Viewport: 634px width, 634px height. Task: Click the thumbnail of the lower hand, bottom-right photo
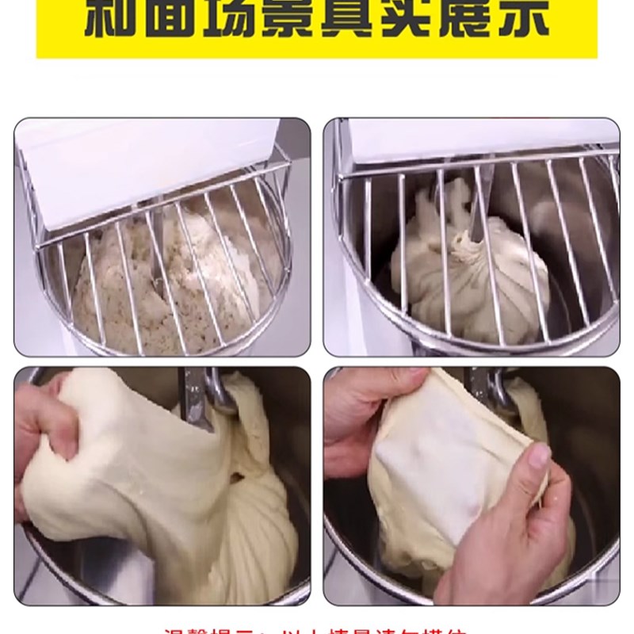coord(539,455)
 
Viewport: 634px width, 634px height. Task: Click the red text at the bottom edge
coord(317,629)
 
